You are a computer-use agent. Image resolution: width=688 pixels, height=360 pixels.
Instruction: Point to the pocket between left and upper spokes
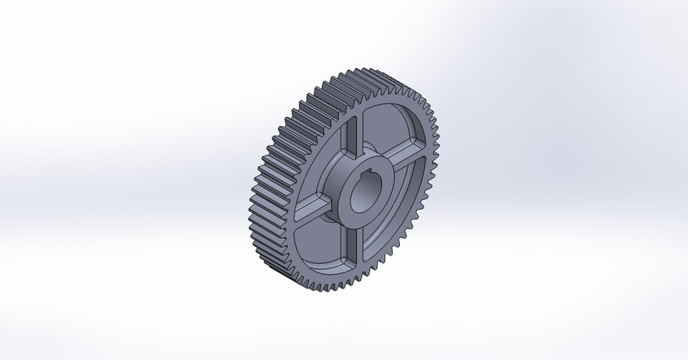click(x=326, y=154)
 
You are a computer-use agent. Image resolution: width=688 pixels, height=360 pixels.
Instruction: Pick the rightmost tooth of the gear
click(x=437, y=143)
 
